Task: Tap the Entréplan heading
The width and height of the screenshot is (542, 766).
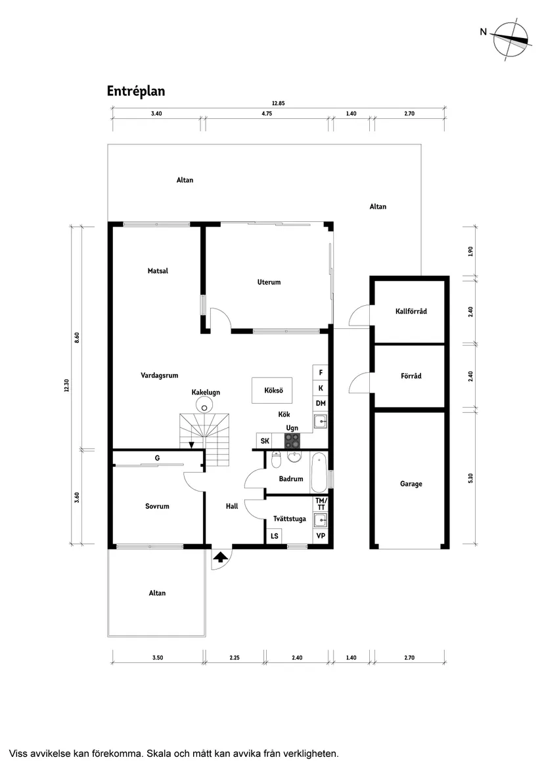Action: point(136,91)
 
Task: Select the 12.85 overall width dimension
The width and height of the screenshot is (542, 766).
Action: point(278,104)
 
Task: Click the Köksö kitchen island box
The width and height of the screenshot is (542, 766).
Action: point(273,391)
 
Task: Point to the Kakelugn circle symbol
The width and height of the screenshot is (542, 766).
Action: point(206,407)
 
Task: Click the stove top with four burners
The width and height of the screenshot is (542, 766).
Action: point(292,440)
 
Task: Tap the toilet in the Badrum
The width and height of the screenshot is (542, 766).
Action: point(276,458)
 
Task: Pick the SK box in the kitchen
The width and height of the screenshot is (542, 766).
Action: point(265,440)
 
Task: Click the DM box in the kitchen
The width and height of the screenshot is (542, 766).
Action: point(321,403)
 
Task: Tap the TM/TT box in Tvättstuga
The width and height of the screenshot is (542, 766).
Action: point(321,504)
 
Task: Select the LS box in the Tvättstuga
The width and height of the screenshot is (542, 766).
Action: point(274,536)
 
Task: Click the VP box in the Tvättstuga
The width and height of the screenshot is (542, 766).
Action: point(321,536)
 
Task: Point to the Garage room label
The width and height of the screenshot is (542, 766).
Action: point(411,484)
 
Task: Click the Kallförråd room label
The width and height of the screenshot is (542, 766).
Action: point(411,311)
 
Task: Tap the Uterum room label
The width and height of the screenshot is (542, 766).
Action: point(269,282)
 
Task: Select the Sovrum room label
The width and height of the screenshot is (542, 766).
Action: point(158,506)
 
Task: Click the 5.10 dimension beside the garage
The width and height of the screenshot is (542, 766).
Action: point(470,478)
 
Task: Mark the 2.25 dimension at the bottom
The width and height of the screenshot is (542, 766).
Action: point(235,657)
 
